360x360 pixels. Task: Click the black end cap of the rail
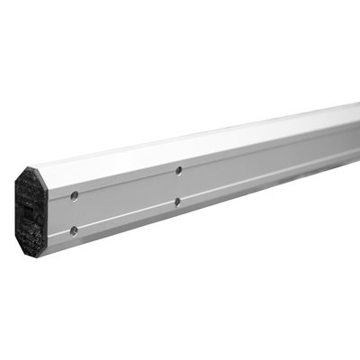point(31,211)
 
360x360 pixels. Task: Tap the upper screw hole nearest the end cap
point(74,195)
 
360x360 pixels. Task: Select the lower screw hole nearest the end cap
point(74,230)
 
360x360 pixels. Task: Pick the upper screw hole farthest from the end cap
point(179,170)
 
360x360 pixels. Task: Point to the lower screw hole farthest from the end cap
point(177,202)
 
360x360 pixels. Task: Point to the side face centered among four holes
point(126,200)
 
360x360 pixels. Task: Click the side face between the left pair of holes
point(74,213)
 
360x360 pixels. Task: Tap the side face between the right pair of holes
point(178,186)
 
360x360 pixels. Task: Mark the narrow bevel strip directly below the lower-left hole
point(74,241)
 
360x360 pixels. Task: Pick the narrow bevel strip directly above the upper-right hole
point(179,159)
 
